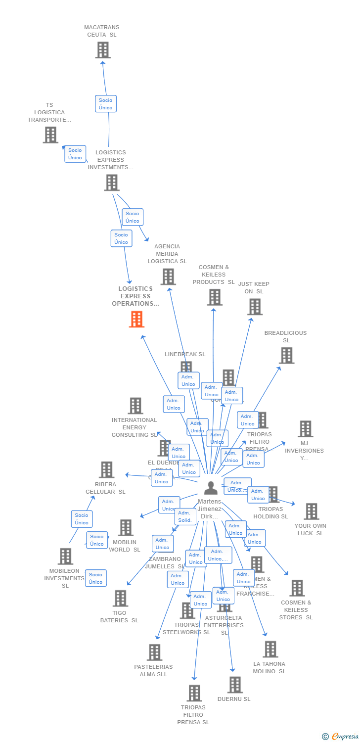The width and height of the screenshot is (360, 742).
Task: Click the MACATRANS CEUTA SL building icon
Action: pyautogui.click(x=103, y=50)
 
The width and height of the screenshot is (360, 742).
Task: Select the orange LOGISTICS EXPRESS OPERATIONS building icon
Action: pyautogui.click(x=136, y=319)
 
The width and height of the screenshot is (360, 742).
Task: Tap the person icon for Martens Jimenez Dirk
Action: pyautogui.click(x=211, y=488)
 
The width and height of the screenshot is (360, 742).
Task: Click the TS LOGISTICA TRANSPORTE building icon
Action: pyautogui.click(x=50, y=135)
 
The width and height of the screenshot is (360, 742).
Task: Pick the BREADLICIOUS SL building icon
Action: pyautogui.click(x=286, y=355)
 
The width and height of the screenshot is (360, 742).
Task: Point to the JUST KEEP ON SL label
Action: pyautogui.click(x=254, y=287)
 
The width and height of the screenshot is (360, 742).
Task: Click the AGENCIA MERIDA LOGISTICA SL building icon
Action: pyautogui.click(x=168, y=277)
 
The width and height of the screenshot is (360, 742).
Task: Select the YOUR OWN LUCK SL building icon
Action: pyautogui.click(x=312, y=511)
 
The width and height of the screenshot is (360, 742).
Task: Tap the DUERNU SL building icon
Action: pyautogui.click(x=235, y=685)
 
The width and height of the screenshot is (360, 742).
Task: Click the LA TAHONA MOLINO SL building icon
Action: pyautogui.click(x=270, y=649)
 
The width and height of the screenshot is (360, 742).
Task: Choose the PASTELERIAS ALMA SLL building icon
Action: pyautogui.click(x=154, y=652)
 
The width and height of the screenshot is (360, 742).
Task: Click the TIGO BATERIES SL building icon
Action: pyautogui.click(x=120, y=598)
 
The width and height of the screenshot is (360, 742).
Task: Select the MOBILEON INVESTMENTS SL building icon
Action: pyautogui.click(x=65, y=556)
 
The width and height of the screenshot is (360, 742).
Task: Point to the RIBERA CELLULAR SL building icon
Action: pyautogui.click(x=106, y=469)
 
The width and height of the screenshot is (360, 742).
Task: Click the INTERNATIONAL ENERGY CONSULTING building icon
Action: pyautogui.click(x=135, y=406)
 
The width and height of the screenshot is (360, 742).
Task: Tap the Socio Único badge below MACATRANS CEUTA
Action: pyautogui.click(x=105, y=104)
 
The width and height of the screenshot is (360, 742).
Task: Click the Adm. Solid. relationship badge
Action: pyautogui.click(x=185, y=516)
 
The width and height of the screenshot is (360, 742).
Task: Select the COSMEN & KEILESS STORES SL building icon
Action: pyautogui.click(x=297, y=588)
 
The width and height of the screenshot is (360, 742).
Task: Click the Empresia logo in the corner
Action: pyautogui.click(x=340, y=737)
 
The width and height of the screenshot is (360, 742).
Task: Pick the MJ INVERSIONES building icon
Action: pyautogui.click(x=306, y=429)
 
